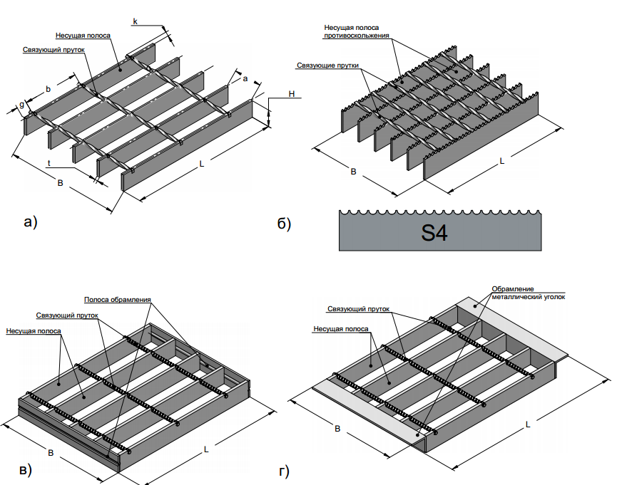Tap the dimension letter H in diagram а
click(292, 94)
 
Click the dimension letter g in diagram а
click(21, 104)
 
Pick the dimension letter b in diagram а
click(48, 88)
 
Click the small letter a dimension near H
click(245, 79)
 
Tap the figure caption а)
click(30, 222)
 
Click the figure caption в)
click(24, 471)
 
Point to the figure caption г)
click(283, 471)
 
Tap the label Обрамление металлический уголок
click(528, 293)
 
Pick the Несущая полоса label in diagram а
click(83, 36)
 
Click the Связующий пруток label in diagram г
click(358, 310)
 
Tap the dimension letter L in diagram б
click(502, 162)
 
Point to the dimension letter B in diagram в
click(51, 452)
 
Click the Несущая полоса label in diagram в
click(32, 330)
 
